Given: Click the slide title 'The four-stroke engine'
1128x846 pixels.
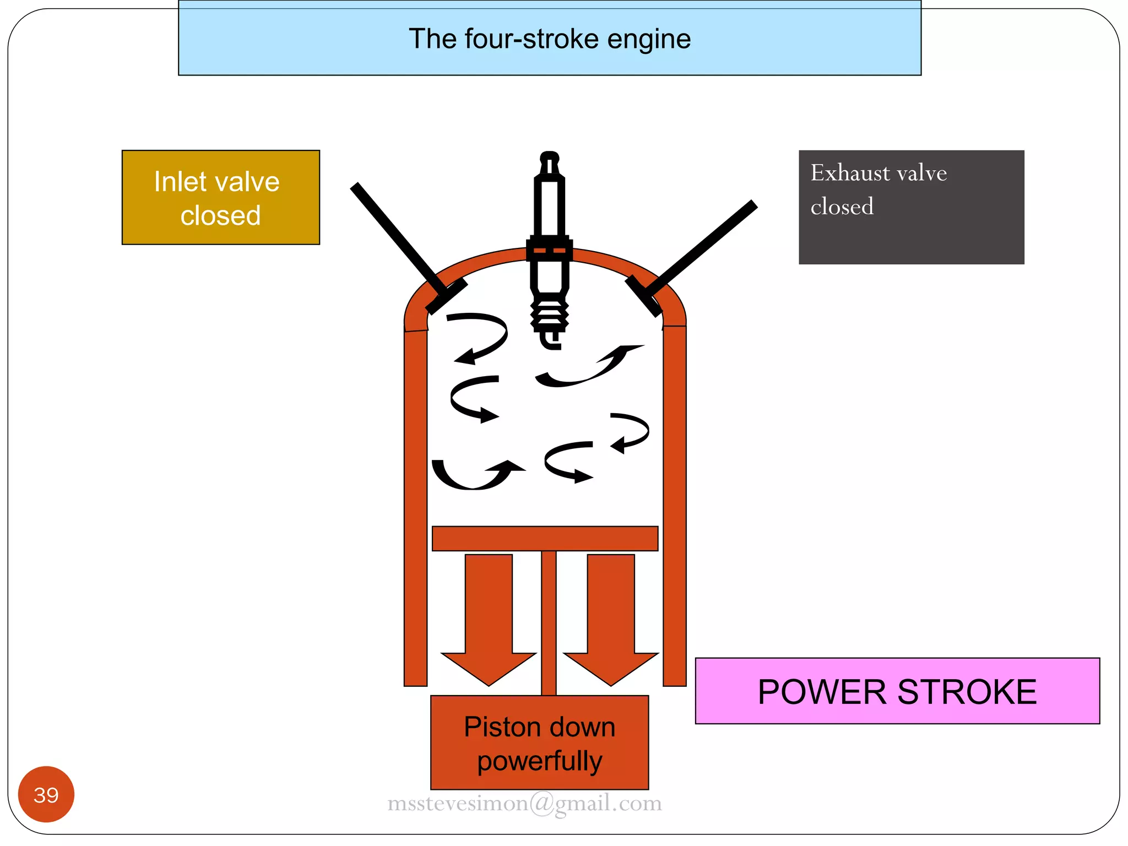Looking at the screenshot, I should click(549, 39).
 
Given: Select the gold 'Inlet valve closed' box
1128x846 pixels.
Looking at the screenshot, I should click(220, 197).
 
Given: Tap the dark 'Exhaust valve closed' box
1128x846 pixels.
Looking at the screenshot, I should click(911, 207).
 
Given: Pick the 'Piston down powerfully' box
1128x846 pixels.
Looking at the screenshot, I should click(539, 742).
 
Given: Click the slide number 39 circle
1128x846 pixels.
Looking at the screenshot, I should click(46, 794).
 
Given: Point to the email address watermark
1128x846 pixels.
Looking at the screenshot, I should click(524, 803).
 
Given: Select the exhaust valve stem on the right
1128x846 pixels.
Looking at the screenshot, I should click(705, 242).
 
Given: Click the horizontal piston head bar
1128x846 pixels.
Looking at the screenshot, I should click(545, 538).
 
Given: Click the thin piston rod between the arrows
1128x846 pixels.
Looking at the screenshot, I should click(549, 622).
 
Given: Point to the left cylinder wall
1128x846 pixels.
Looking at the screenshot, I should click(416, 507).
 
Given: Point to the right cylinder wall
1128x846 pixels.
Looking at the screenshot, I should click(675, 507).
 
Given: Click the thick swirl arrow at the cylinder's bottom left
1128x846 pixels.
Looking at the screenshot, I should click(474, 477).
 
